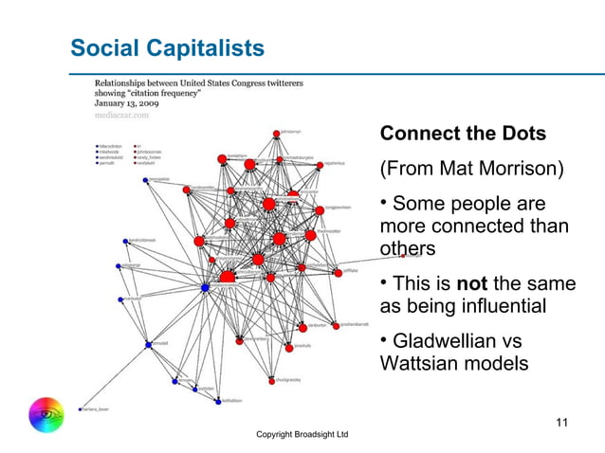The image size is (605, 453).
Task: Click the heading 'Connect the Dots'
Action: pyautogui.click(x=462, y=134)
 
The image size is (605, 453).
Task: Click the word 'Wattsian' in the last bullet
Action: pyautogui.click(x=420, y=363)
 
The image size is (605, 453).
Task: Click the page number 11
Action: pyautogui.click(x=561, y=422)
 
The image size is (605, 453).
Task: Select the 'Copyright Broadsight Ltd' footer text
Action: pyautogui.click(x=302, y=434)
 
